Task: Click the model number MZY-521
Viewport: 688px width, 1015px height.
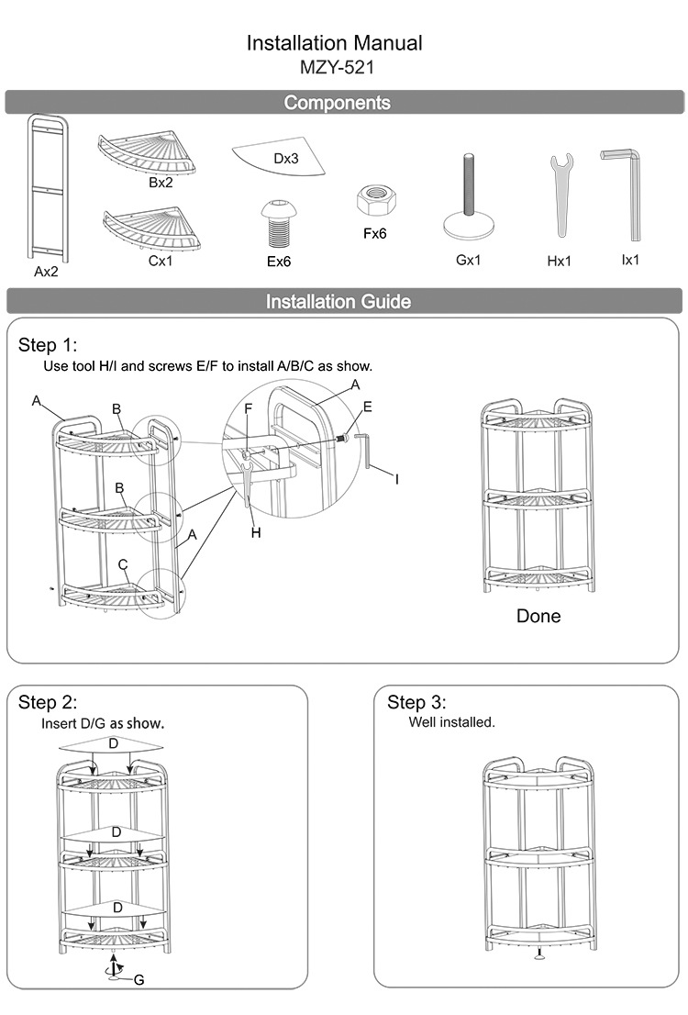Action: point(337,67)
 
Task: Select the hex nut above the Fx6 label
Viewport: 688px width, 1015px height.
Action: point(374,199)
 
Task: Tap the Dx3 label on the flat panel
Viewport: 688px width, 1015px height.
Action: point(286,159)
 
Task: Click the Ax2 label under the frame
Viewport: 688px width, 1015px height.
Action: point(46,272)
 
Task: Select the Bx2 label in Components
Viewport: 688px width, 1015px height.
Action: point(161,183)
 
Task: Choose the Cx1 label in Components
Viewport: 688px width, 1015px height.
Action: point(161,262)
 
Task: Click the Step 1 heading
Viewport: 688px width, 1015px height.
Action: point(48,345)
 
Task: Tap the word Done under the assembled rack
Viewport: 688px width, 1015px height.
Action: point(538,616)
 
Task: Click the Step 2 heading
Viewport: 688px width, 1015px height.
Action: point(48,703)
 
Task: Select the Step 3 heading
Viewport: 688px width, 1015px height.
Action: point(416,703)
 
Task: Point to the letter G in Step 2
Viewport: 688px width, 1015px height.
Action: point(139,980)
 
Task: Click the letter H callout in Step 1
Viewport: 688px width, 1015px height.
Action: point(257,531)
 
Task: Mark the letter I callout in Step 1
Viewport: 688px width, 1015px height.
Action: point(397,479)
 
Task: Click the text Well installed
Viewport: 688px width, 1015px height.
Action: point(451,722)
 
